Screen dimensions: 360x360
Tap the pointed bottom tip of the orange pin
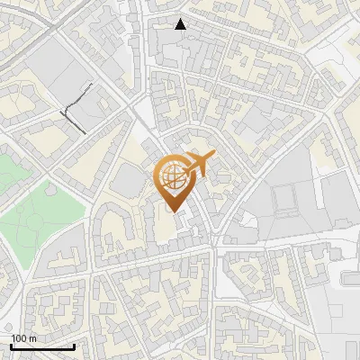click(x=174, y=211)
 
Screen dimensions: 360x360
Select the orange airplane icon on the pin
click(x=199, y=163)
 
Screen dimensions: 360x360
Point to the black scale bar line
click(x=41, y=346)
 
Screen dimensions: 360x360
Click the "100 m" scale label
click(x=23, y=338)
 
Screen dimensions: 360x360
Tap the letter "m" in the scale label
click(x=32, y=338)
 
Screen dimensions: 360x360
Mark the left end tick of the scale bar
click(x=11, y=346)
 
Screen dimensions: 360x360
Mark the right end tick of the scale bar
click(x=73, y=346)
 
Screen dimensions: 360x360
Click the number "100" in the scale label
click(x=19, y=338)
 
